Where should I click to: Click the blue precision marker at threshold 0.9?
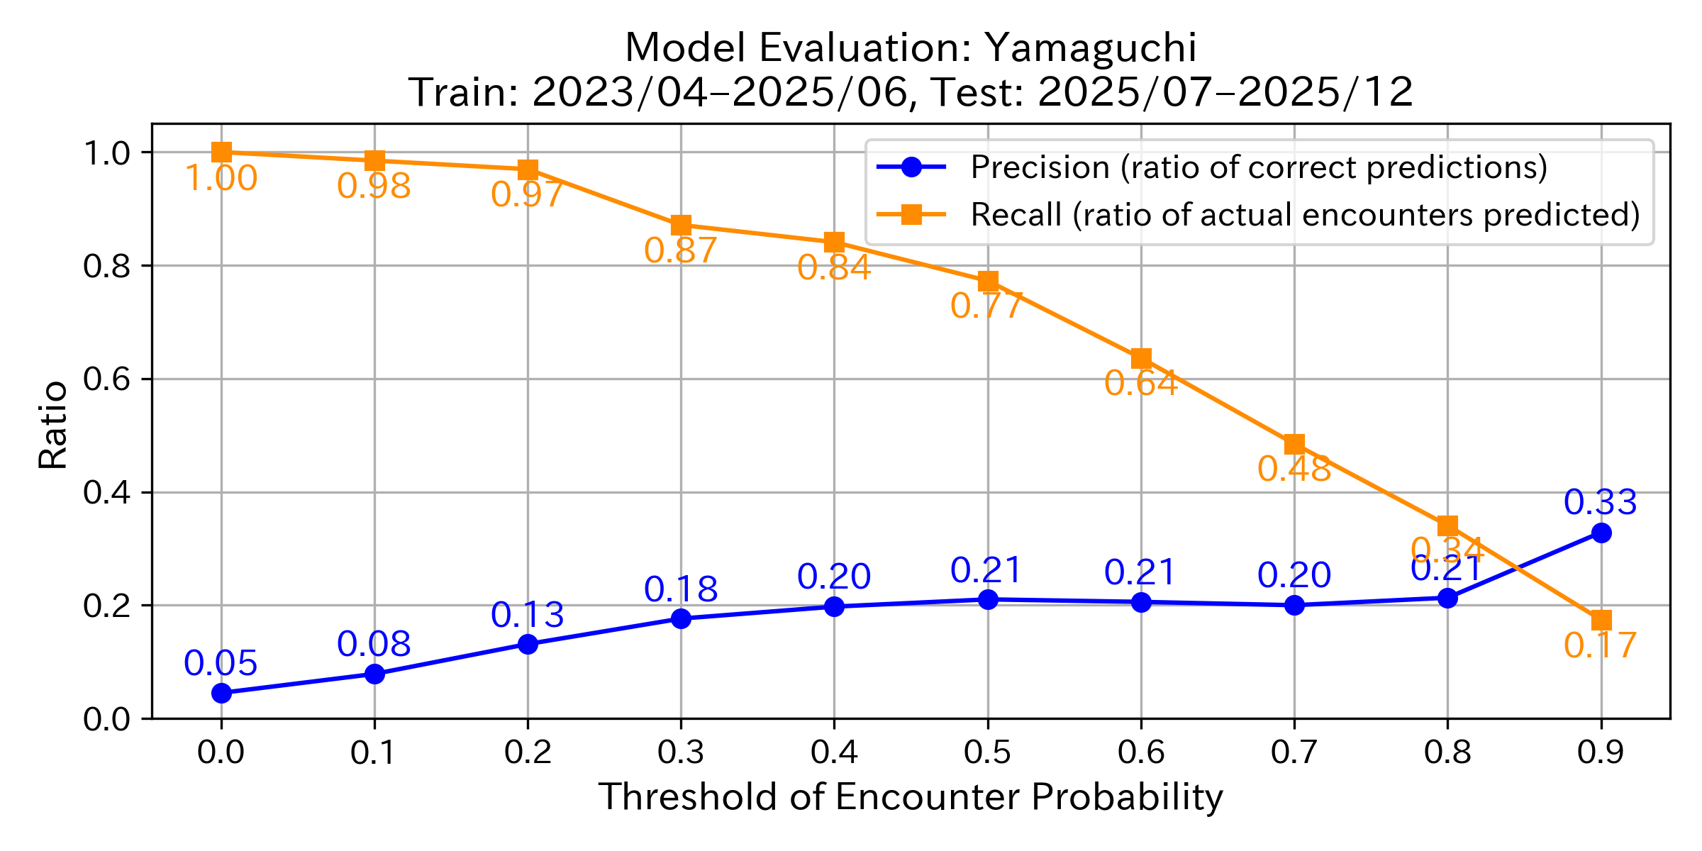pos(1601,533)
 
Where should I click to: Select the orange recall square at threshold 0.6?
pos(1141,358)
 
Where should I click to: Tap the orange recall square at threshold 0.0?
pos(221,152)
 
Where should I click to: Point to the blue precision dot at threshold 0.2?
pos(528,644)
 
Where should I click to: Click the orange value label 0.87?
pos(681,250)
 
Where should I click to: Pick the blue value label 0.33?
pos(1601,502)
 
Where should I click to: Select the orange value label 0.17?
pos(1601,645)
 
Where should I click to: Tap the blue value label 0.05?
pos(221,663)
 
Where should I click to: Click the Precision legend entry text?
pos(1259,167)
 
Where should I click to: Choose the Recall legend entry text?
pos(1305,214)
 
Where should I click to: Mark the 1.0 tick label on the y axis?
pos(106,152)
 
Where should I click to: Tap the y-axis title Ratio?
pos(52,425)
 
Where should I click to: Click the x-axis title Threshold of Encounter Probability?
pos(911,796)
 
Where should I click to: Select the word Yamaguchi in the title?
pos(1091,48)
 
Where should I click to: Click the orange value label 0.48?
pos(1294,469)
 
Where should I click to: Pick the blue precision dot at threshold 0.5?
pos(988,599)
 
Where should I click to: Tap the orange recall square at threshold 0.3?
pos(681,226)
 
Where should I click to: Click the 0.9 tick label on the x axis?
pos(1601,752)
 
